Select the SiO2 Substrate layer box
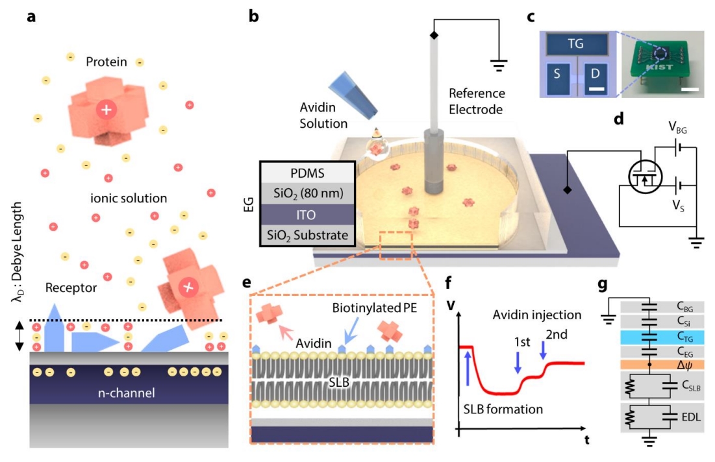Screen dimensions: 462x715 click(x=307, y=234)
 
